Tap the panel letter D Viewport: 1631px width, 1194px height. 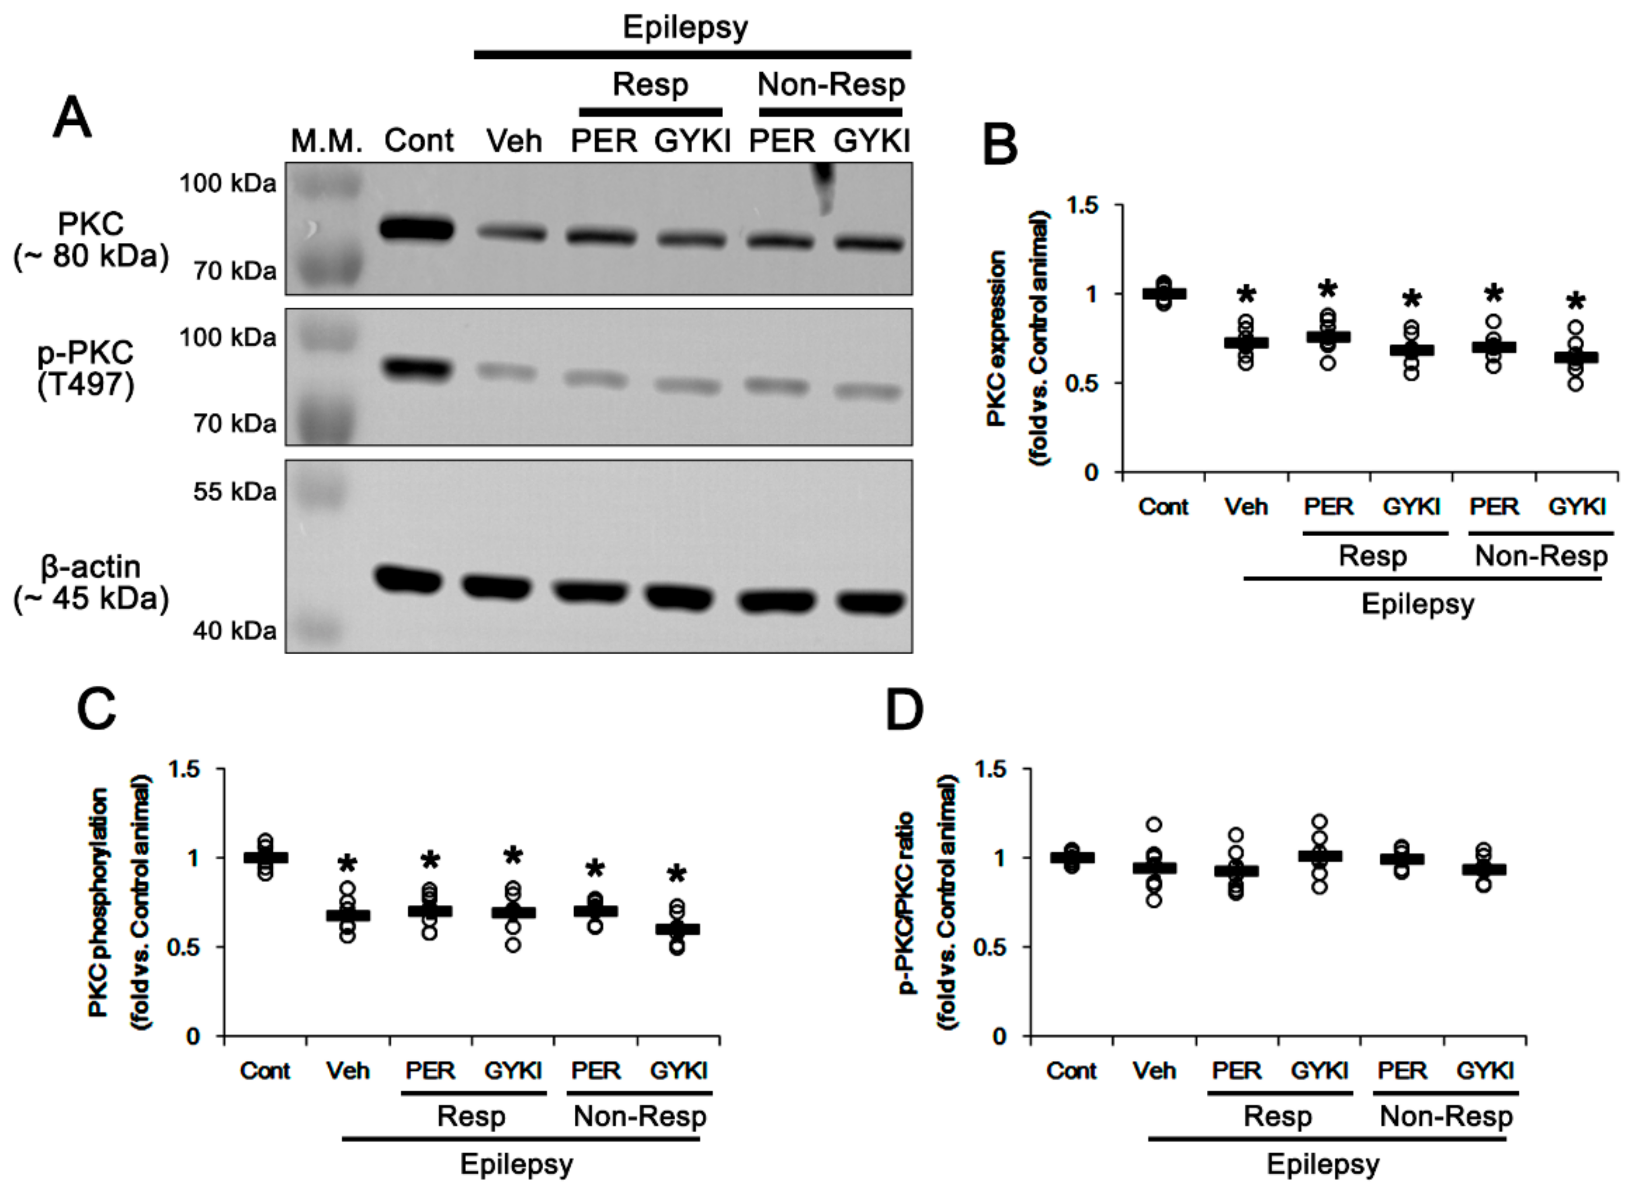click(x=904, y=710)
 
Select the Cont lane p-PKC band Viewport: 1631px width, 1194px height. click(x=418, y=368)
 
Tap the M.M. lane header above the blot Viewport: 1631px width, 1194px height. click(x=326, y=141)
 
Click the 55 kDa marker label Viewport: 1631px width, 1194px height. click(x=234, y=492)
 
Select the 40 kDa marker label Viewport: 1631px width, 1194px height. click(x=234, y=631)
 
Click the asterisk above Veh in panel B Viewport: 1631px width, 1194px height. click(x=1246, y=295)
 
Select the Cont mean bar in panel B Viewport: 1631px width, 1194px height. click(x=1163, y=293)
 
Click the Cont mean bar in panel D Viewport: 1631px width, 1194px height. click(x=1072, y=858)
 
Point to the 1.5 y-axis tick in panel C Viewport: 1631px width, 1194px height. click(x=184, y=769)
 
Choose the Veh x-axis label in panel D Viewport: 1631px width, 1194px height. click(x=1154, y=1070)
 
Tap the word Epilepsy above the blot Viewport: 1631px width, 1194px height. click(x=685, y=27)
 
